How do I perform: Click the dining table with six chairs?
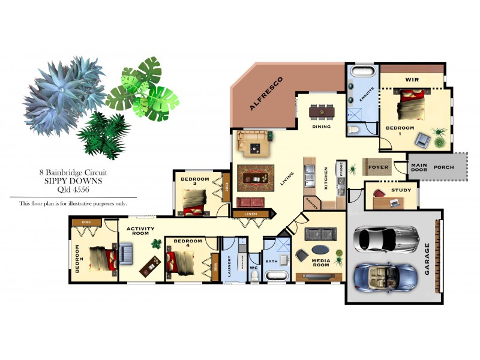click(322, 112)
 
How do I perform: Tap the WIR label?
click(412, 79)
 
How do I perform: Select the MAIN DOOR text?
click(418, 167)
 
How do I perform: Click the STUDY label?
click(401, 190)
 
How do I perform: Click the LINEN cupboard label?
click(251, 213)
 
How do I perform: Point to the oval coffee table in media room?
click(320, 249)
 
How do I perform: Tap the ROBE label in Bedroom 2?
click(86, 222)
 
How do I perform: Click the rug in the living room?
click(256, 178)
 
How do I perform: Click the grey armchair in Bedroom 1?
click(424, 140)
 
